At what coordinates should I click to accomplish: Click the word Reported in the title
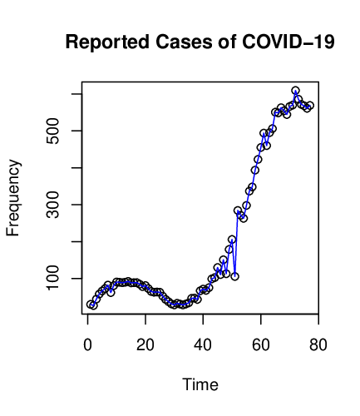[x=107, y=42]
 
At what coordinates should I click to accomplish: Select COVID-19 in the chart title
[x=288, y=42]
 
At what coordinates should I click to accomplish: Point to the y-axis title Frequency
[x=13, y=198]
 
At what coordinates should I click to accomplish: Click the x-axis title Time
[x=200, y=384]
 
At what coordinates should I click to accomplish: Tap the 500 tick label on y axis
[x=52, y=131]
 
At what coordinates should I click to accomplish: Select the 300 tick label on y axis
[x=52, y=205]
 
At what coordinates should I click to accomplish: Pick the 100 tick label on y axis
[x=52, y=278]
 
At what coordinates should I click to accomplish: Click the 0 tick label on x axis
[x=88, y=344]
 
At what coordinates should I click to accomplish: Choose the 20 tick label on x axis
[x=145, y=344]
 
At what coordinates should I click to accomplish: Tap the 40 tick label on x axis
[x=203, y=344]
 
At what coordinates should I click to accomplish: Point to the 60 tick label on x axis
[x=261, y=344]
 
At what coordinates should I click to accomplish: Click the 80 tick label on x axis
[x=318, y=344]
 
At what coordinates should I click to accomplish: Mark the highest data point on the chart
[x=295, y=91]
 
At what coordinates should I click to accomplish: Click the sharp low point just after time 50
[x=235, y=276]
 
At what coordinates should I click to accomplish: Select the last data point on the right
[x=310, y=106]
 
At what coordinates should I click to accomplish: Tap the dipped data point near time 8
[x=111, y=292]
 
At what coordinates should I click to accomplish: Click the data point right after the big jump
[x=238, y=210]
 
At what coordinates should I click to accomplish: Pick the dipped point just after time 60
[x=267, y=146]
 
